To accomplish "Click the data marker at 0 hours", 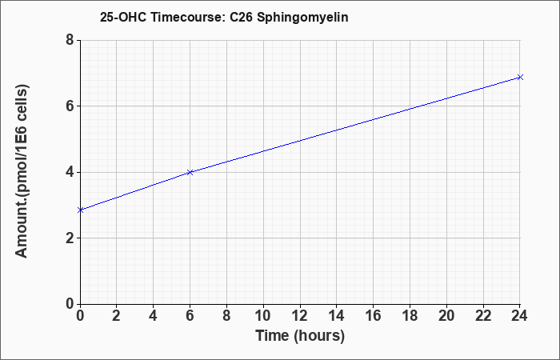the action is pos(80,210).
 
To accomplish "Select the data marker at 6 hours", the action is pos(190,172).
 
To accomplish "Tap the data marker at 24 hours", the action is pos(520,77).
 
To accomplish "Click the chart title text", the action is pos(224,17).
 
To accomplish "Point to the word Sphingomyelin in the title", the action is pos(302,18).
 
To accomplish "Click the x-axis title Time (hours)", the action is pos(300,336).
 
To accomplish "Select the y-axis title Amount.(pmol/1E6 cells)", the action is pos(22,171).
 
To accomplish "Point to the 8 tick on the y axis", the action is pos(70,40).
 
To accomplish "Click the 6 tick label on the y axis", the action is pos(70,106).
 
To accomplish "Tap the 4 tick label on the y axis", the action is pos(70,172).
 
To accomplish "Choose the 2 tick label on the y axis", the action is pos(70,238).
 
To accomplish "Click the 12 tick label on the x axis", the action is pos(300,316).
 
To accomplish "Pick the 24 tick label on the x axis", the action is pos(520,316).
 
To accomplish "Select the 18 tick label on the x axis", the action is pos(410,316).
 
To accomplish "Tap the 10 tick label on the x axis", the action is pos(263,316).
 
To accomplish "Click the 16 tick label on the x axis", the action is pos(374,316).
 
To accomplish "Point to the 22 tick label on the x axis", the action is pos(483,316).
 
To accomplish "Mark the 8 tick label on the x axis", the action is pos(226,316).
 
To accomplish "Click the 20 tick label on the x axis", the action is pos(446,316).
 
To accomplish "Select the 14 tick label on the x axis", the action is pos(337,316).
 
